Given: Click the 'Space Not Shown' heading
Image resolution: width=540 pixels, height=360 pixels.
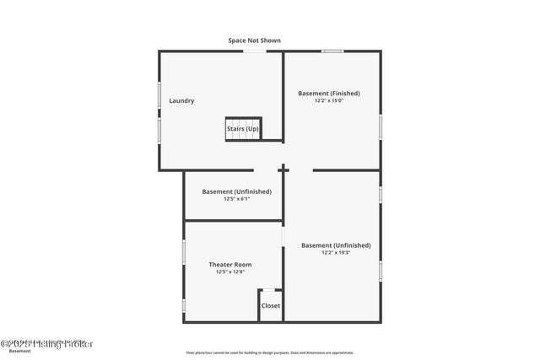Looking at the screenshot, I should tap(254, 40).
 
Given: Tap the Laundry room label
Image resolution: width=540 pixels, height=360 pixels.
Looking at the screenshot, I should tap(181, 101).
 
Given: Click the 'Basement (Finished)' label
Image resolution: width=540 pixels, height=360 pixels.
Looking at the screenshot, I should tap(329, 93).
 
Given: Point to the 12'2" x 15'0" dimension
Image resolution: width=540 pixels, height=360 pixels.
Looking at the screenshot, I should tap(329, 101).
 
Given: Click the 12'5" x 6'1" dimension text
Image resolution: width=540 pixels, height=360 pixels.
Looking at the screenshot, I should tap(236, 199).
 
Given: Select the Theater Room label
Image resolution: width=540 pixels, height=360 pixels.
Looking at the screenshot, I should tap(230, 264).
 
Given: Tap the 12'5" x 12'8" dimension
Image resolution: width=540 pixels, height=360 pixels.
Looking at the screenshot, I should tap(230, 271).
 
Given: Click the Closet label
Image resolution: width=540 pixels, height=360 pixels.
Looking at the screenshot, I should tap(271, 305).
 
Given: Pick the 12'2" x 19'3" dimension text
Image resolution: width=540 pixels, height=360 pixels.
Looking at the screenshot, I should tap(335, 253).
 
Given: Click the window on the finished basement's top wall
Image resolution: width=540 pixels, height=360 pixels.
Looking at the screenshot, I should tap(332, 51).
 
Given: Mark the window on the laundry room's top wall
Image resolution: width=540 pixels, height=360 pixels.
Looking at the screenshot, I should tap(255, 51).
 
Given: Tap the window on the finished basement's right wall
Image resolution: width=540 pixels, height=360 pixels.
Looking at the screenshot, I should tap(381, 126).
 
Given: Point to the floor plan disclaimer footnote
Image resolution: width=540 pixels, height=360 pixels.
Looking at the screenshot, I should tap(270, 352).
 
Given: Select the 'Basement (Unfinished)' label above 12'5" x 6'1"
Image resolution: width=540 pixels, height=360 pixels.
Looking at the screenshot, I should tap(236, 191).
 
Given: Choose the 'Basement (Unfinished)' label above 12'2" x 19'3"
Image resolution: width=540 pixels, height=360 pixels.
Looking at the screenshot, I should tap(335, 245).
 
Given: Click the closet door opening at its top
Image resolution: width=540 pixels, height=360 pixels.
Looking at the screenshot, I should tap(270, 290).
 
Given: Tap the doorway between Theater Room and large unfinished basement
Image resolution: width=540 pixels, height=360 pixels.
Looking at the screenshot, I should tap(283, 237).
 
